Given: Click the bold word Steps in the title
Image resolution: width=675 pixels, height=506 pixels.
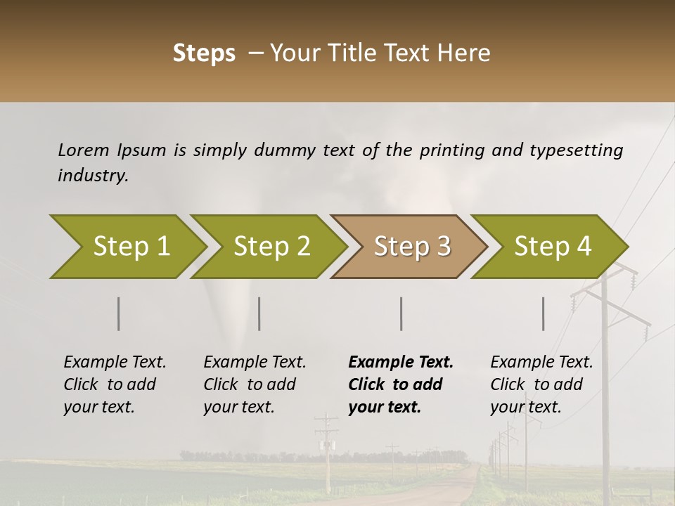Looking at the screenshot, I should tap(204, 53).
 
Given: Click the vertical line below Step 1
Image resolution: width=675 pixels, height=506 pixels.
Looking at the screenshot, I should tap(119, 313).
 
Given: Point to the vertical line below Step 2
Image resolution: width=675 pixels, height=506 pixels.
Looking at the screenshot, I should tap(259, 313).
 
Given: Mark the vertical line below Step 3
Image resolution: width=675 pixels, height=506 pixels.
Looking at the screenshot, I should tap(401, 313).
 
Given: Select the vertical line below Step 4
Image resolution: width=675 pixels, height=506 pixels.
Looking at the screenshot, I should tap(544, 313).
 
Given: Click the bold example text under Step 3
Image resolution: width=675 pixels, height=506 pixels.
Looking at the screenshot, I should tap(400, 384).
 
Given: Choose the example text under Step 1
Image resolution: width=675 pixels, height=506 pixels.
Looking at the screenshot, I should tap(115, 384).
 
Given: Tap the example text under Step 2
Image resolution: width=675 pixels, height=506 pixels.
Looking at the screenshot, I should tap(255, 384).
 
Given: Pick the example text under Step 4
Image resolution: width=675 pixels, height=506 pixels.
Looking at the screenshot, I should tap(541, 384).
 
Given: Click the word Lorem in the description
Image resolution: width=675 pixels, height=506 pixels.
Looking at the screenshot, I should tap(83, 150).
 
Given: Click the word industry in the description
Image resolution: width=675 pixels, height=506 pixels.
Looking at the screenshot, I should tap(92, 176).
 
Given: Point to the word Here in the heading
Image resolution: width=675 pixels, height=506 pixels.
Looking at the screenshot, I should tap(464, 53).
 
